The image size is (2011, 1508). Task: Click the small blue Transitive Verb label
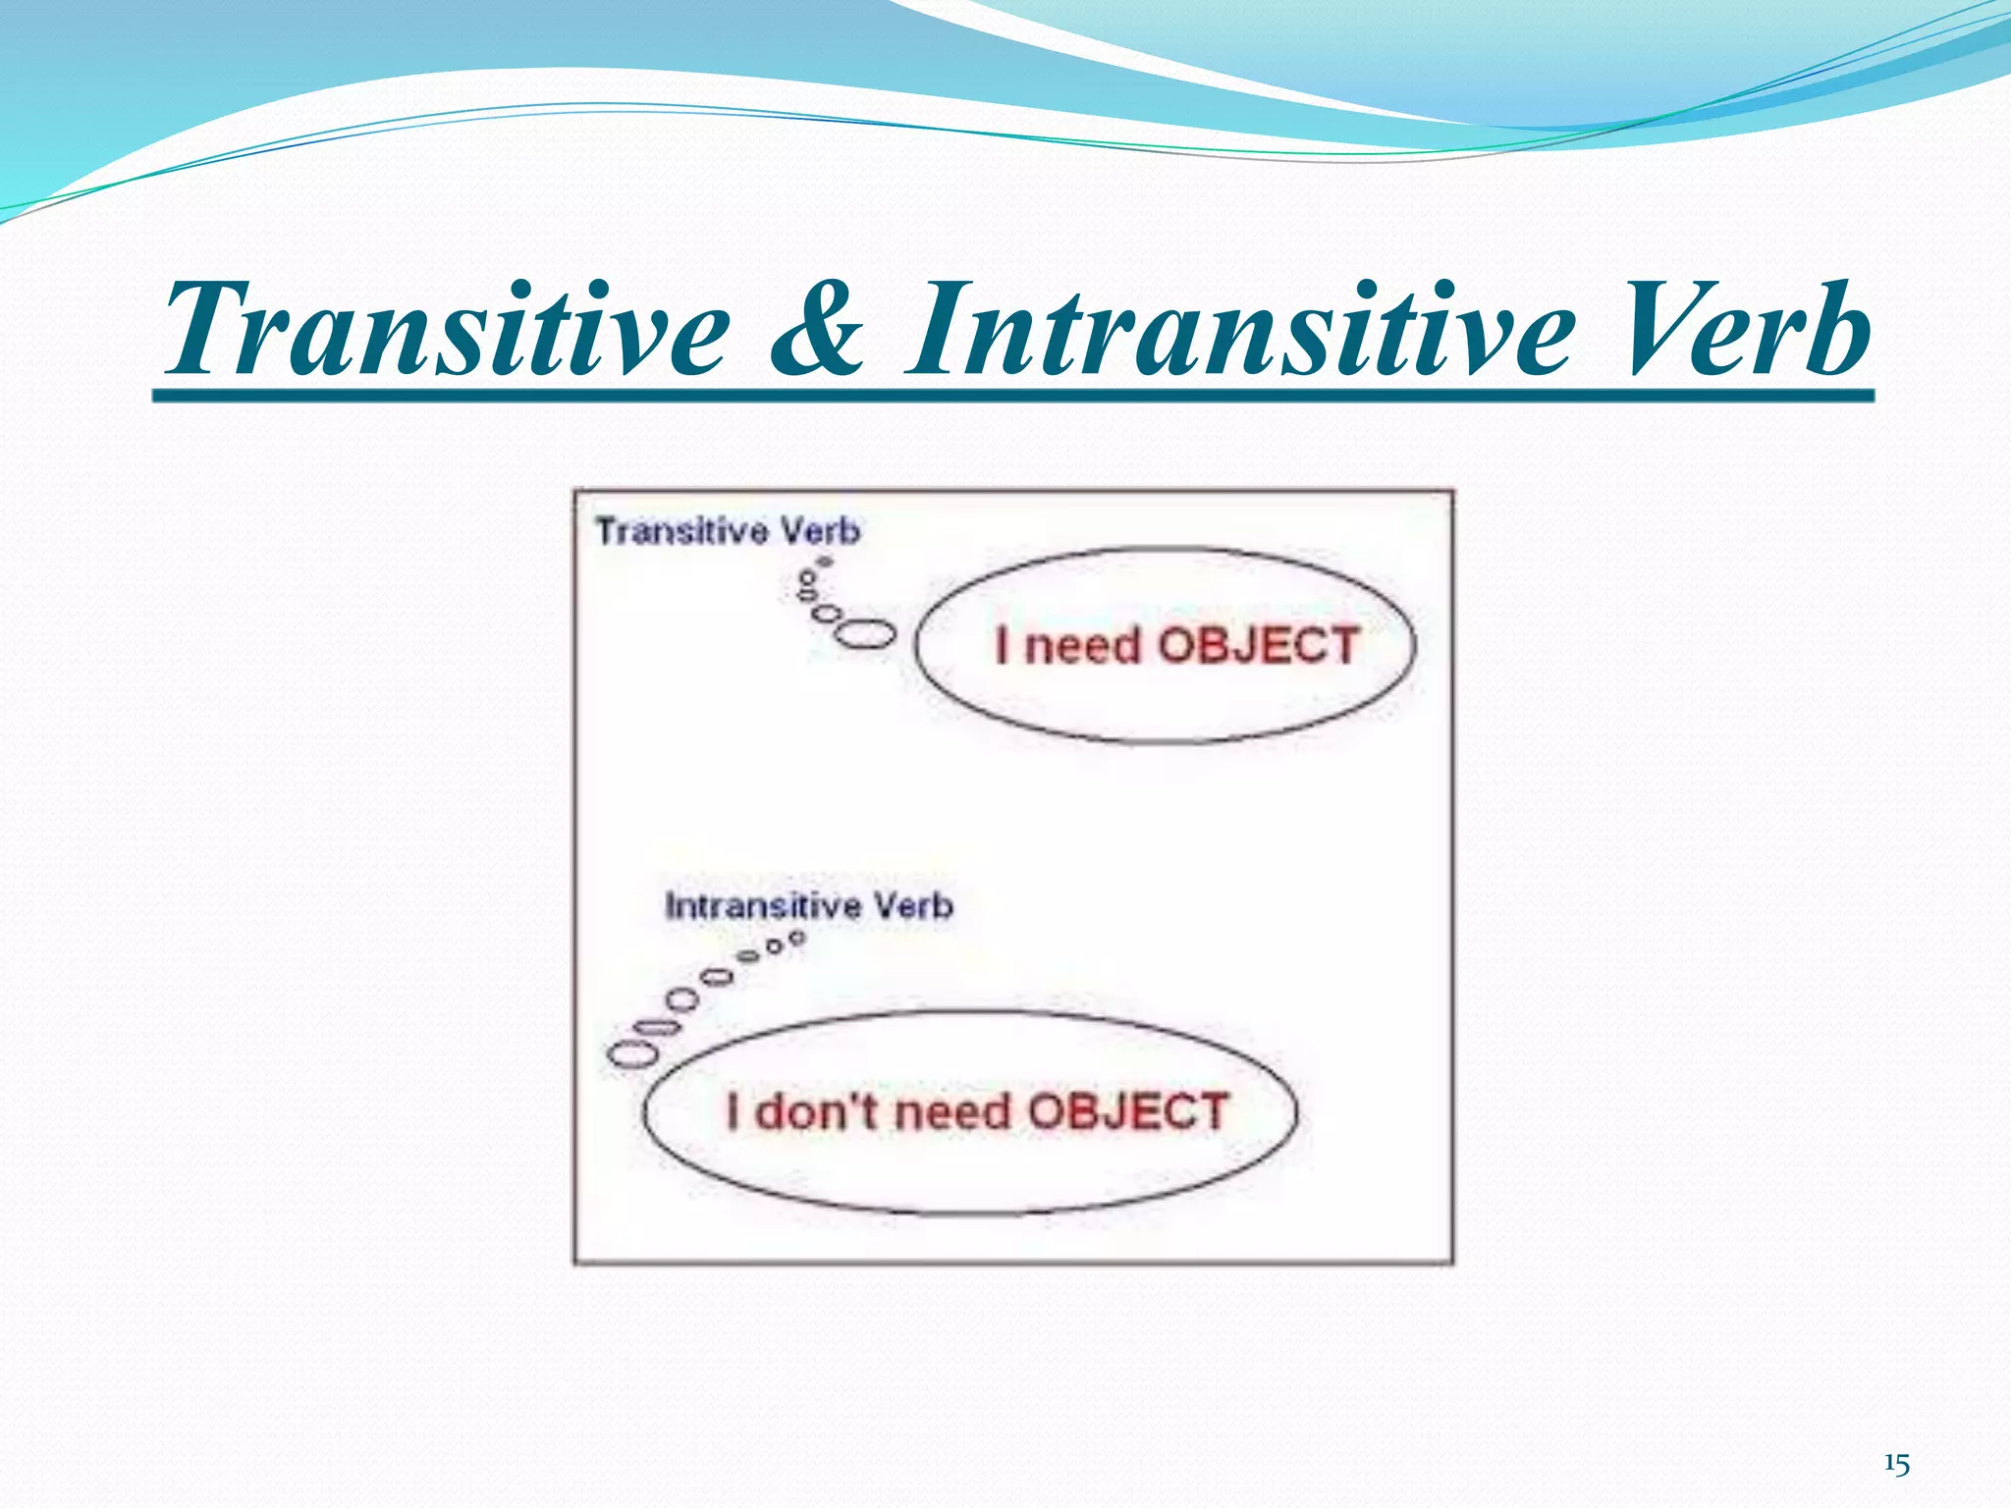[x=728, y=531]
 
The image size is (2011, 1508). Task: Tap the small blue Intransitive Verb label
[x=808, y=905]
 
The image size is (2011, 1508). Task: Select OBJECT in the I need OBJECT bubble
[x=1259, y=645]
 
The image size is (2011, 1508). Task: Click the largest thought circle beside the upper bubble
[x=865, y=634]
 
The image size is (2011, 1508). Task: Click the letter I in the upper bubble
[x=1002, y=645]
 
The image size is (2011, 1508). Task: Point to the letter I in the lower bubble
[x=733, y=1112]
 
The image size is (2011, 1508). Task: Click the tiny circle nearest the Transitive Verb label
[x=826, y=563]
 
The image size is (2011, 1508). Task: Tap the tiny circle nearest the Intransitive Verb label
[x=797, y=939]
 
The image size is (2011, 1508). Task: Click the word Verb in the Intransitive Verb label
[x=913, y=905]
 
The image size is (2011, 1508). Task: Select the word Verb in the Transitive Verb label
[x=820, y=531]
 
